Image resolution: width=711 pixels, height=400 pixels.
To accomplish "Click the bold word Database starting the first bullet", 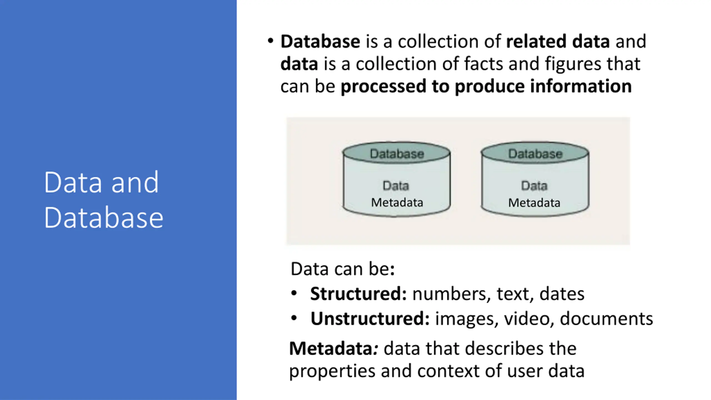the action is point(320,41).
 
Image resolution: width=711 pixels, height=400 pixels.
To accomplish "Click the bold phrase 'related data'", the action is point(558,41).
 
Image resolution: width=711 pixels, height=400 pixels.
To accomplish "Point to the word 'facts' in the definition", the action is point(483,64).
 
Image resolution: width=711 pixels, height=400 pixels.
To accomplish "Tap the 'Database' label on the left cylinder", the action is point(397,154).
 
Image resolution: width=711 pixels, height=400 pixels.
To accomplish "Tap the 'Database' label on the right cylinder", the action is point(535,154).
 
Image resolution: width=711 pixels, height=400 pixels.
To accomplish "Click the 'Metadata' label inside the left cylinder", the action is point(397,202).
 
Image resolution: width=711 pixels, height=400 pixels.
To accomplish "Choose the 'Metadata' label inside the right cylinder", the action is point(534,203).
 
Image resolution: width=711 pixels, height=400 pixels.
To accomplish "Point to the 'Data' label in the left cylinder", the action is point(396,186).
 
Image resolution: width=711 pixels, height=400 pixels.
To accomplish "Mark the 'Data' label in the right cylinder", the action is point(534,186).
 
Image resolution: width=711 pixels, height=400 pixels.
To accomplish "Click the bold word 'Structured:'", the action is point(359,294).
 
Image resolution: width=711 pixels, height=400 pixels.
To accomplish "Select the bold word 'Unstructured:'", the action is point(370,318).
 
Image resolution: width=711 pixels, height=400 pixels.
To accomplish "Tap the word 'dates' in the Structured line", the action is point(562,294).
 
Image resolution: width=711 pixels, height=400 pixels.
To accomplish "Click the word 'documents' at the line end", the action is point(606,318).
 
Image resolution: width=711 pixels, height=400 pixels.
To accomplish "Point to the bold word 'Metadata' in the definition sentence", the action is point(331,348).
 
